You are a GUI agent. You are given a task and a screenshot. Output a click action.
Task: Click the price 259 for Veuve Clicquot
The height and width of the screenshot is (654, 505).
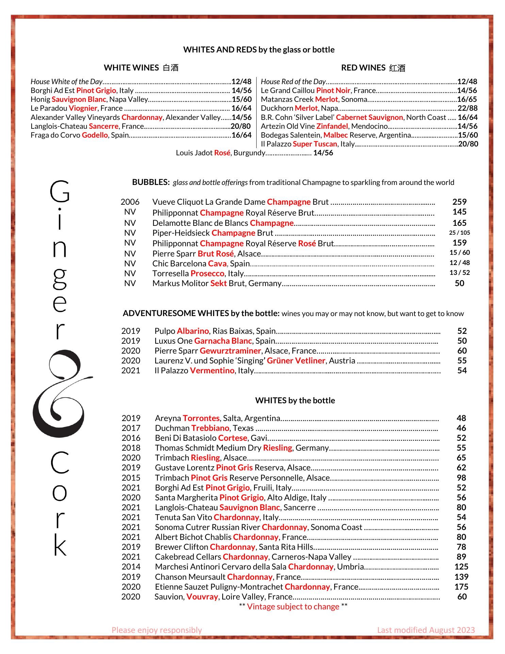[x=459, y=202]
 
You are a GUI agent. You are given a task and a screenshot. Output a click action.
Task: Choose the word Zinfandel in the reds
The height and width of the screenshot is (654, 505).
[x=332, y=126]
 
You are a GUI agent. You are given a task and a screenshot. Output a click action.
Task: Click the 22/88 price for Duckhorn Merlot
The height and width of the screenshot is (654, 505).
[x=467, y=108]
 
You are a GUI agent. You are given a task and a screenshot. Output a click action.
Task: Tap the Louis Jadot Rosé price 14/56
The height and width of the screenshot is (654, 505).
[x=323, y=153]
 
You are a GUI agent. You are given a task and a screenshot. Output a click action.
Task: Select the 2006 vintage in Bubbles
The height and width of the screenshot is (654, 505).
[x=130, y=202]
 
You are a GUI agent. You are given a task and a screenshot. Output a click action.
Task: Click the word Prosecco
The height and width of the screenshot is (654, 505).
[x=207, y=274]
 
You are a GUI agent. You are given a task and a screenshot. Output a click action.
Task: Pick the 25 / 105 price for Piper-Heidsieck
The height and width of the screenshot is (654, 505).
[x=459, y=233]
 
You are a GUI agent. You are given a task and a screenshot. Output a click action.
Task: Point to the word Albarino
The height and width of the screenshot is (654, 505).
[x=193, y=331]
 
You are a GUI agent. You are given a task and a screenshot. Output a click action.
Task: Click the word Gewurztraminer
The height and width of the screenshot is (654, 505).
[x=230, y=351]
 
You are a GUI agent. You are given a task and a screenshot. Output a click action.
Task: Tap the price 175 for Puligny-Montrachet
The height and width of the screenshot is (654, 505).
[x=461, y=587]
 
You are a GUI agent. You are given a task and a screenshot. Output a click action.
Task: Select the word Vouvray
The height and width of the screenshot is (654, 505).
[x=202, y=597]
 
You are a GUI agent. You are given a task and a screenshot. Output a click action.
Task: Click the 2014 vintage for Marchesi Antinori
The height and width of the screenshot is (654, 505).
[x=131, y=567]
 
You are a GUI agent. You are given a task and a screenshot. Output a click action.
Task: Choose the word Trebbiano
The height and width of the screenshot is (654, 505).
[x=210, y=428]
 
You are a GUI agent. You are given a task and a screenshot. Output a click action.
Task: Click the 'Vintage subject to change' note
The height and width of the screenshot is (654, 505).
[x=293, y=607]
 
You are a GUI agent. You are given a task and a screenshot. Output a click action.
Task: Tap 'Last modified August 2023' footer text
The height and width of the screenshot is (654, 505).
[x=426, y=630]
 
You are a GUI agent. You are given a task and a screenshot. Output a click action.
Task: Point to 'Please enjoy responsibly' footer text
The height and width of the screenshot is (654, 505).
[x=157, y=630]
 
